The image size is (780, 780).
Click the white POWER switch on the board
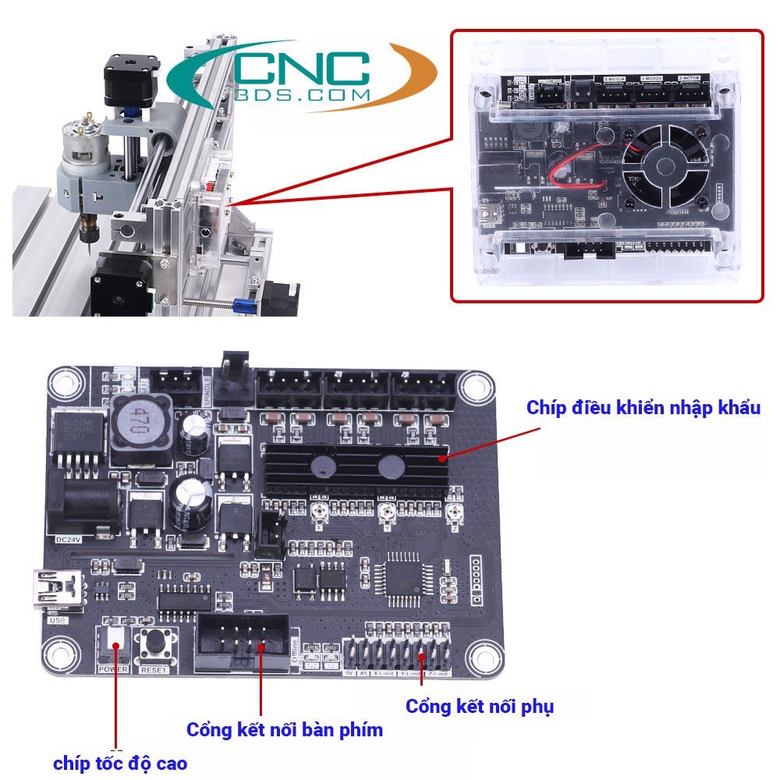[115, 642]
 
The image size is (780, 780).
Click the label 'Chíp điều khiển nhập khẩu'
[643, 407]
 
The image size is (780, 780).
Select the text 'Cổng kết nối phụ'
[479, 707]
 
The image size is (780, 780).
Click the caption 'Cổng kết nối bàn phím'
[285, 730]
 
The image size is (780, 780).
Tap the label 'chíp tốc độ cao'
[120, 763]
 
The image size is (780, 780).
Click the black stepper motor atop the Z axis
[133, 78]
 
